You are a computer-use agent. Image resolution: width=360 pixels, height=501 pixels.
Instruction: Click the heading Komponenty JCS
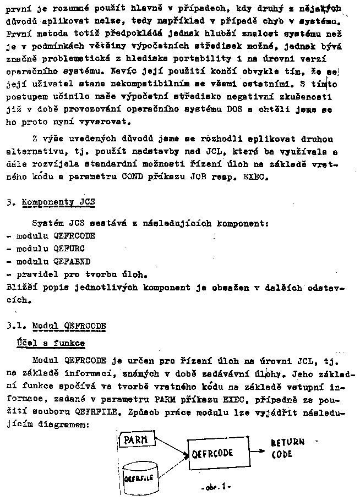click(x=58, y=202)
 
